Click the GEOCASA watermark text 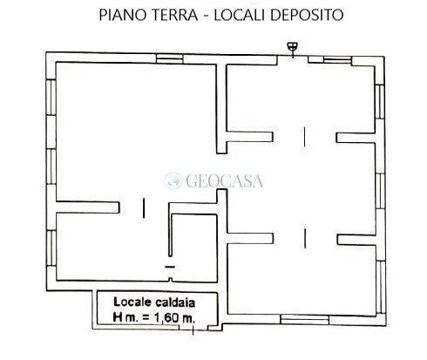pos(226,182)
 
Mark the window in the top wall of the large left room pos(131,58)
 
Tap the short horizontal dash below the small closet pos(170,262)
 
